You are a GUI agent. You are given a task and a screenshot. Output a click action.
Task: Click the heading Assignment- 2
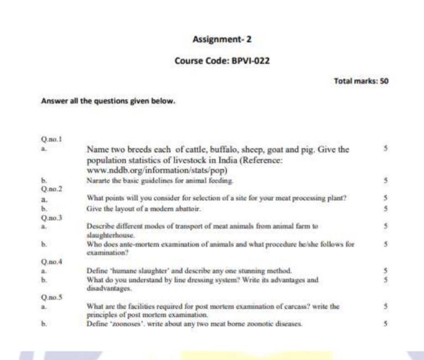[x=222, y=39]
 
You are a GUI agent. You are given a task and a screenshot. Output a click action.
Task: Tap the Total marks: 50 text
[x=361, y=81]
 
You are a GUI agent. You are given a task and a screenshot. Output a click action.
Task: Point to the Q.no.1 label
[x=49, y=139]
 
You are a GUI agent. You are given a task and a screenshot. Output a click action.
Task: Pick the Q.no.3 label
[x=49, y=217]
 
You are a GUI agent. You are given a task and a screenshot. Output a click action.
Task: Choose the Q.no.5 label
[x=49, y=296]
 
